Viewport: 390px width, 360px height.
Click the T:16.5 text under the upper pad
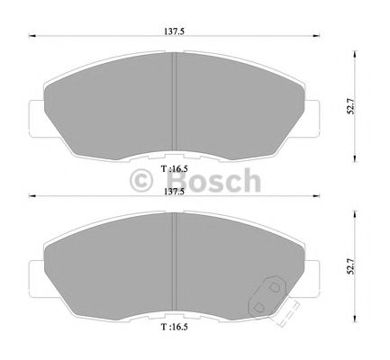pyautogui.click(x=174, y=167)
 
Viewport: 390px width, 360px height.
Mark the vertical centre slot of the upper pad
pyautogui.click(x=173, y=99)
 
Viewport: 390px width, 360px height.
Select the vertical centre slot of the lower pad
pyautogui.click(x=173, y=263)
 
